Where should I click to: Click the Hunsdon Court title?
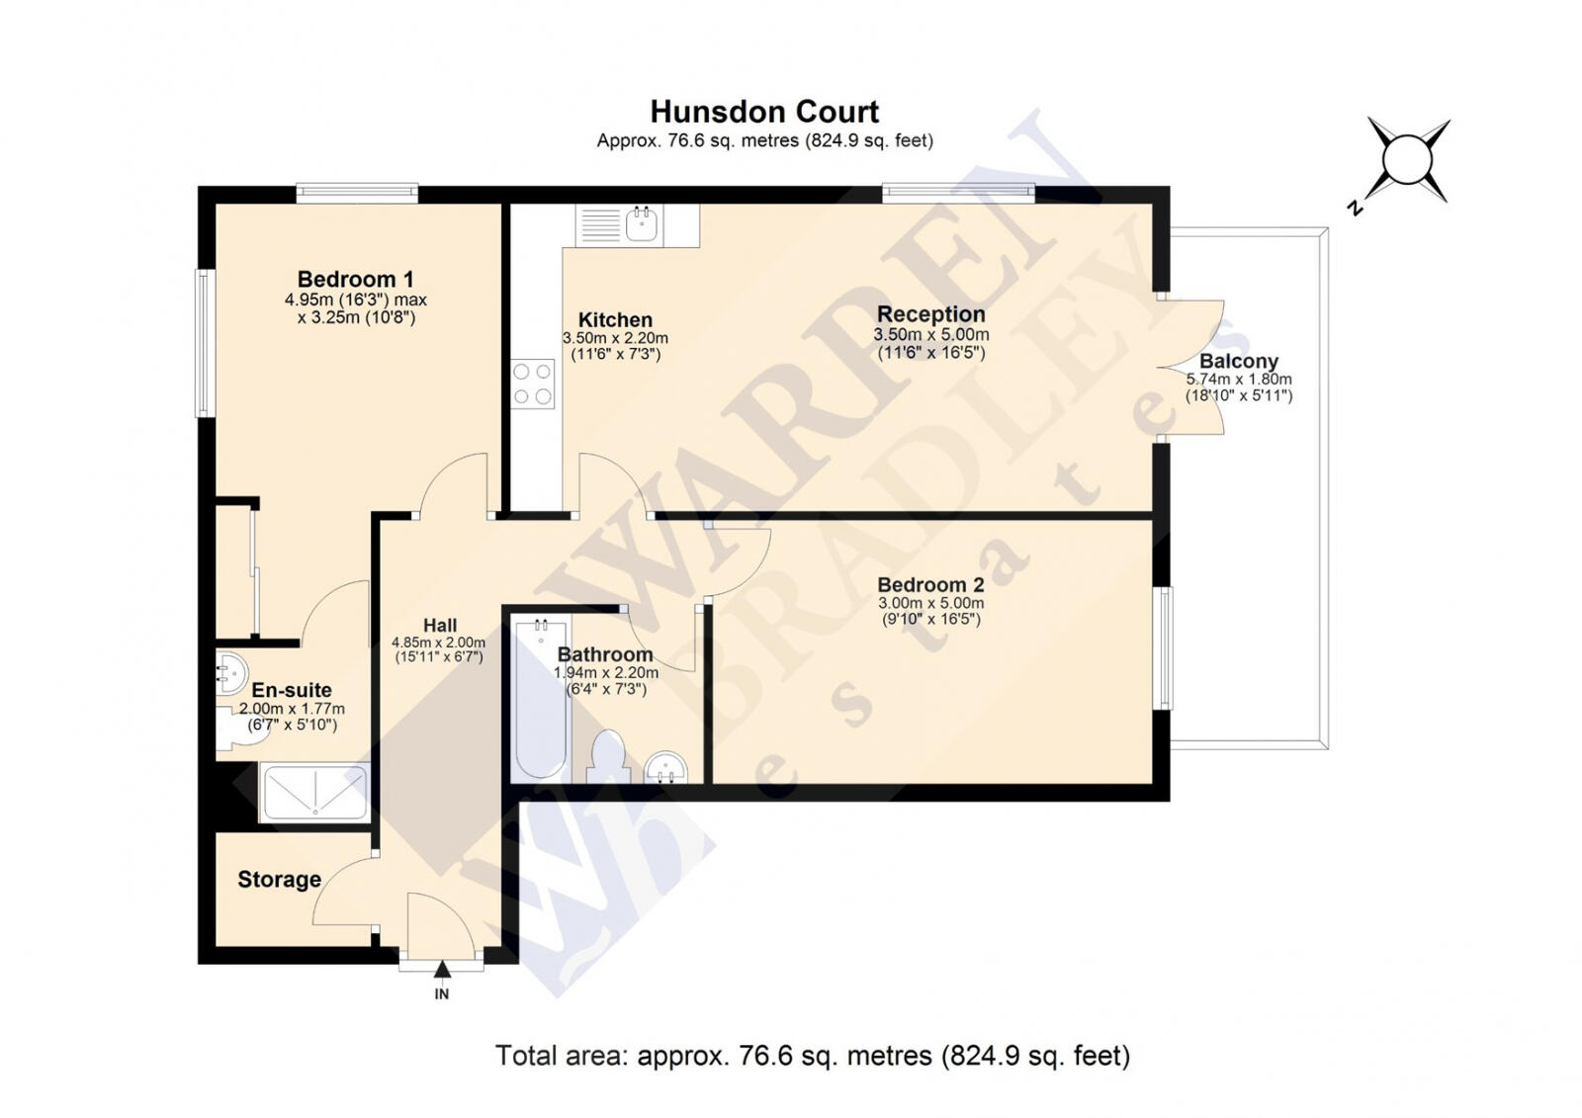(x=764, y=113)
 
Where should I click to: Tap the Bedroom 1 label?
(x=355, y=279)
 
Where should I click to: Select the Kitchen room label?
(x=615, y=320)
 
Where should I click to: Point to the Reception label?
(x=930, y=314)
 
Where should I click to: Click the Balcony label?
(x=1239, y=361)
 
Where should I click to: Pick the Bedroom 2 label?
(x=930, y=585)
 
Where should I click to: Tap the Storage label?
(x=279, y=880)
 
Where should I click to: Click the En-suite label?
(x=292, y=690)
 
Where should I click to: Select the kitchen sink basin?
(x=642, y=225)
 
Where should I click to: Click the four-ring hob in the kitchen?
(x=533, y=385)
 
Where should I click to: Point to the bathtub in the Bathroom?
(x=540, y=699)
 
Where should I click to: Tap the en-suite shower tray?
(x=314, y=793)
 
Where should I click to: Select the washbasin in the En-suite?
(x=230, y=672)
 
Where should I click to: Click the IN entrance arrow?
(x=442, y=969)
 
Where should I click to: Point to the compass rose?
(x=1407, y=161)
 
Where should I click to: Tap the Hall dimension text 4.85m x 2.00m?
(x=439, y=643)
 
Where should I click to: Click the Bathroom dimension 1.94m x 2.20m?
(x=606, y=672)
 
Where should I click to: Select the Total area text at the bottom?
(x=813, y=1056)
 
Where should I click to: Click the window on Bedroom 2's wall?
(x=1163, y=648)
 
